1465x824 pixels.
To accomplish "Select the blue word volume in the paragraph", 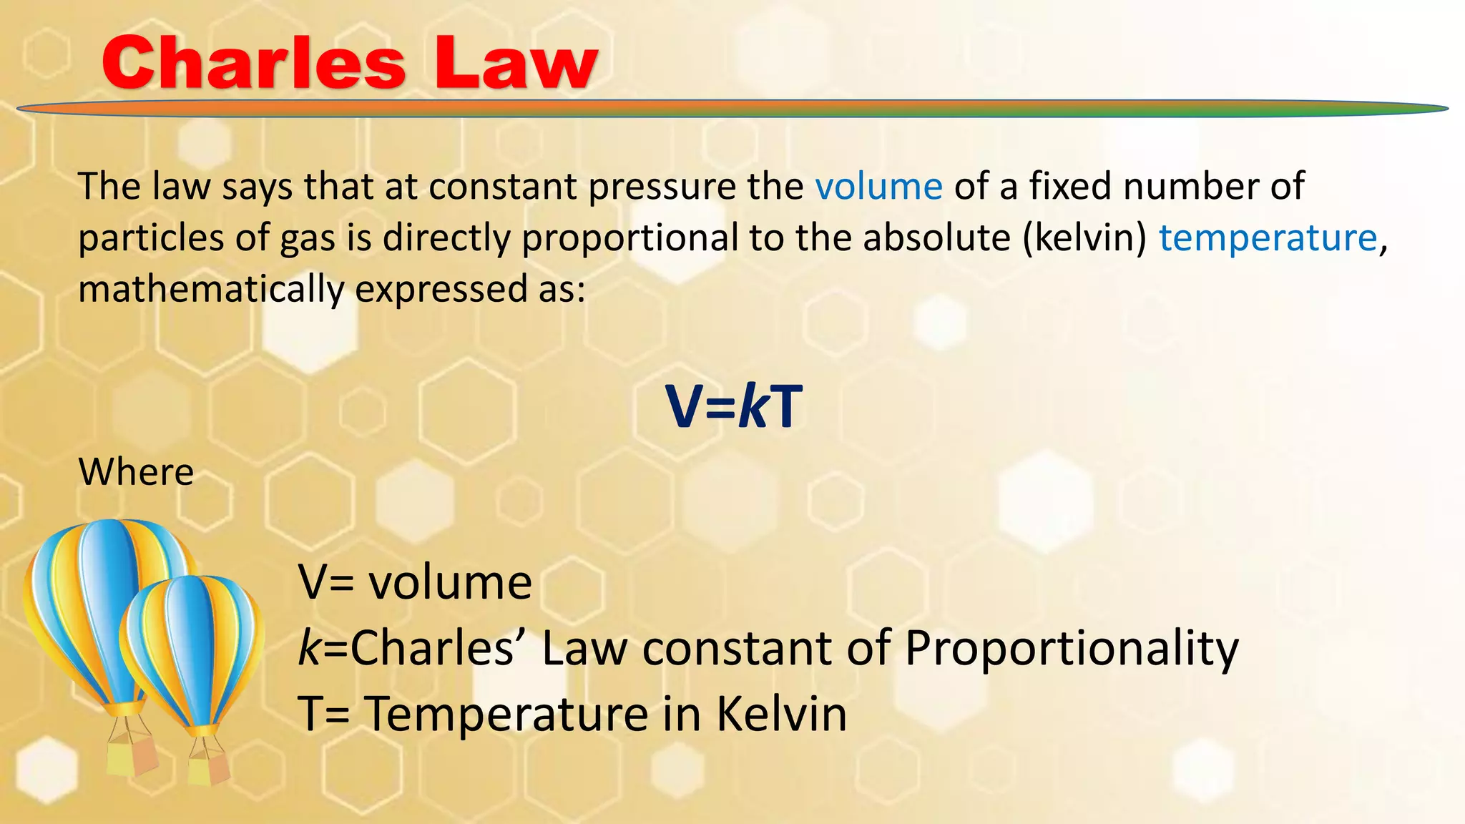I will [x=878, y=187].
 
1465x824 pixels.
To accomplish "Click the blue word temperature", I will [x=1268, y=237].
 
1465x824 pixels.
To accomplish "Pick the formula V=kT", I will [x=734, y=406].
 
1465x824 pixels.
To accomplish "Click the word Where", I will [x=136, y=472].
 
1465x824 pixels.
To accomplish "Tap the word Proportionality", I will [x=1071, y=649].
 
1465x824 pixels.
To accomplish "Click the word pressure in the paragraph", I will [x=662, y=187].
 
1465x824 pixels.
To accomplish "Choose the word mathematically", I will [x=211, y=290].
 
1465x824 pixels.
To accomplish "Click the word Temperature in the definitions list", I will [x=506, y=714].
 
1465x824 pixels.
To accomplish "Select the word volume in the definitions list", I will [x=450, y=582].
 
